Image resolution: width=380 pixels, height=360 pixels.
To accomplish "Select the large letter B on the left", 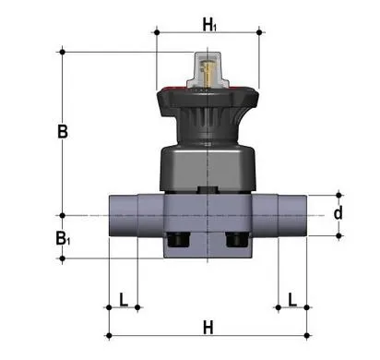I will pyautogui.click(x=62, y=131).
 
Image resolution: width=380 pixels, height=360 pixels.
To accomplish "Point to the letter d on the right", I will pyautogui.click(x=338, y=214).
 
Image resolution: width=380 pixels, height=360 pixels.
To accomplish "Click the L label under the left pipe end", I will pyautogui.click(x=123, y=298).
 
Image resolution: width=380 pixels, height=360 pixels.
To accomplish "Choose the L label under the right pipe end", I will pyautogui.click(x=292, y=298).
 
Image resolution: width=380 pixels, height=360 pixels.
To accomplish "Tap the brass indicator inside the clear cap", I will pyautogui.click(x=208, y=69).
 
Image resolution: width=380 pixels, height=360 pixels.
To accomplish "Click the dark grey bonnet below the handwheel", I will pyautogui.click(x=208, y=166).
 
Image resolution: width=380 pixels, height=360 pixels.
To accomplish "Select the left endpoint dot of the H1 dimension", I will pyautogui.click(x=156, y=32).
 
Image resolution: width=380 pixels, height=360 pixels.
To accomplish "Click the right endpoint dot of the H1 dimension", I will pyautogui.click(x=260, y=32).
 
